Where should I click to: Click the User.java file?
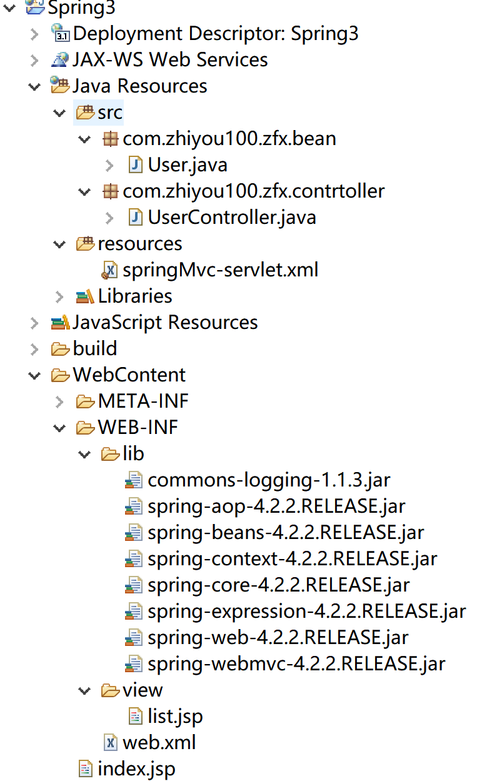tap(187, 165)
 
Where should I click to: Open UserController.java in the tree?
tap(231, 218)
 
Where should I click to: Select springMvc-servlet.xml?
tap(220, 270)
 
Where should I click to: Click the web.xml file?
tap(159, 742)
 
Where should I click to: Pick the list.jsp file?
tap(175, 716)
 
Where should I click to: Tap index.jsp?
tap(136, 768)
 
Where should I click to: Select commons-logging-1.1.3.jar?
tap(269, 480)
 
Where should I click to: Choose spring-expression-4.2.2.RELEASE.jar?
tap(306, 611)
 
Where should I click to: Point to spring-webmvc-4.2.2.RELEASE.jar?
tap(296, 663)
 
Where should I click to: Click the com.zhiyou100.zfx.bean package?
tap(229, 139)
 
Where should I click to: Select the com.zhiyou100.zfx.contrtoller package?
tap(253, 191)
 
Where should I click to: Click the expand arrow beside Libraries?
tap(59, 296)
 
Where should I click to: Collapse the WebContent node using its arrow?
tap(34, 375)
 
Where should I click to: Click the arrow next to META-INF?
tap(59, 401)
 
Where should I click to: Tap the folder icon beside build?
tap(61, 348)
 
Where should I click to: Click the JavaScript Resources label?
tap(165, 323)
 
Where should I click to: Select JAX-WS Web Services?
tap(170, 60)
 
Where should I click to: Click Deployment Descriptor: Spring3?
tap(216, 34)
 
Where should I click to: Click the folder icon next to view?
tap(110, 690)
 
